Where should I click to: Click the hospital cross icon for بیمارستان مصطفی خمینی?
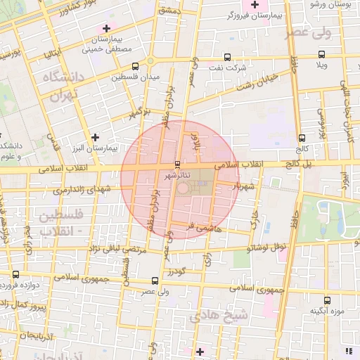click(x=106, y=28)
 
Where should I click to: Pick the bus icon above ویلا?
click(x=321, y=54)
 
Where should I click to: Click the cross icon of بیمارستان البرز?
click(x=96, y=136)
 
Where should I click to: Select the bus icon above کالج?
click(x=302, y=138)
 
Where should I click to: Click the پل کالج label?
click(x=298, y=163)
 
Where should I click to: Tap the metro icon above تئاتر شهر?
click(x=176, y=164)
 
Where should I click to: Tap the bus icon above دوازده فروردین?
click(x=15, y=274)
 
